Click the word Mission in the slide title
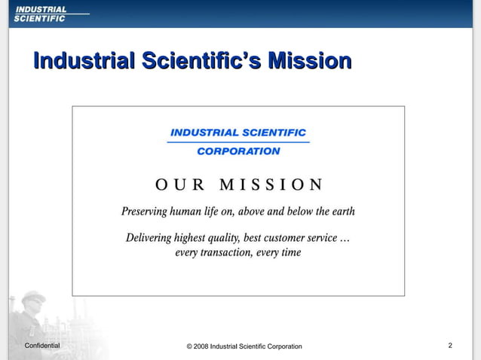(x=310, y=60)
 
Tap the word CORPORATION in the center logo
(x=238, y=151)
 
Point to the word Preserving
(x=147, y=212)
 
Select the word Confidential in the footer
(x=42, y=346)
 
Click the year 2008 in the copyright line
(x=200, y=346)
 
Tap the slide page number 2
(x=450, y=346)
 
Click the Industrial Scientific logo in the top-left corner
(x=41, y=14)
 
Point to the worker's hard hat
(x=32, y=297)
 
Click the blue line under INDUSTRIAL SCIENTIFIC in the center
(x=238, y=142)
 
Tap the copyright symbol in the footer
(x=188, y=346)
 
